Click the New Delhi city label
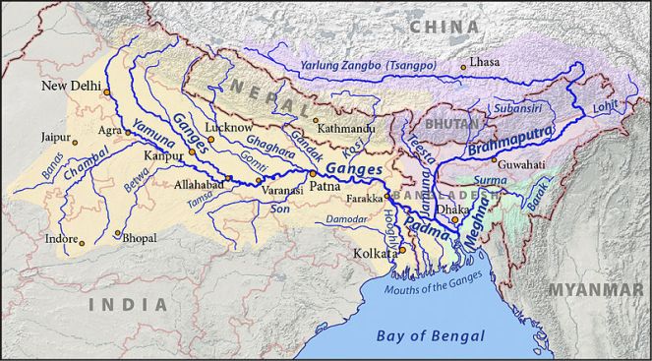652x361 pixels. coord(71,87)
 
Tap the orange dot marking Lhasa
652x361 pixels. coord(465,67)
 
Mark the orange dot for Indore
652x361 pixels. coord(82,243)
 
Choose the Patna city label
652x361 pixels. coord(326,184)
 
